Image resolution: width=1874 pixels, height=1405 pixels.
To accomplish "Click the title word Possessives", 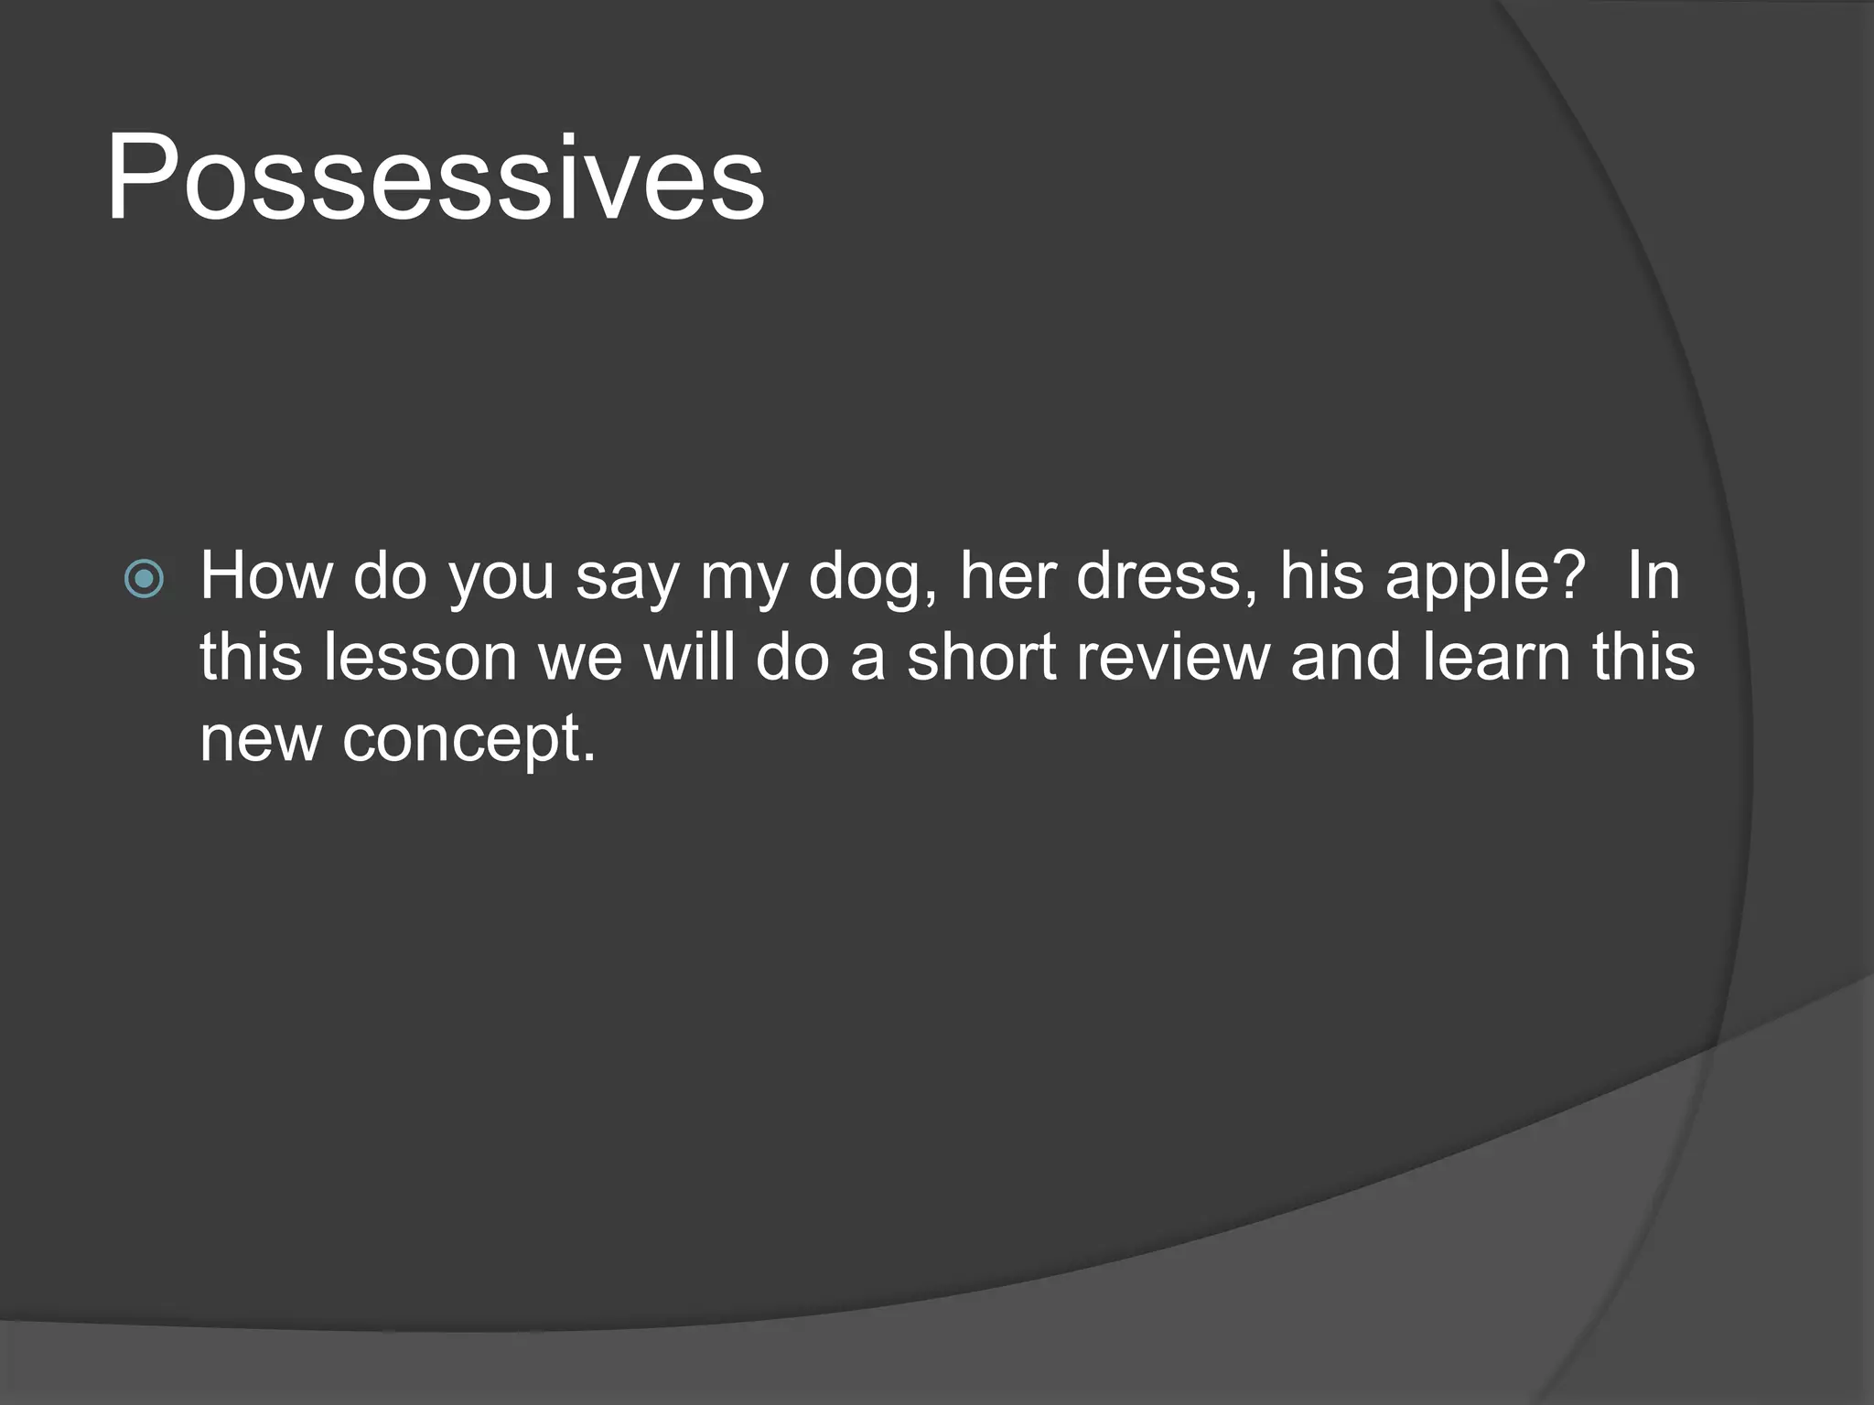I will pos(436,178).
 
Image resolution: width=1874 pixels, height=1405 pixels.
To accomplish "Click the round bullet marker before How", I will pos(144,579).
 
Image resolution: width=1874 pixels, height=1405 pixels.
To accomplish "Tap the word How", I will pos(266,576).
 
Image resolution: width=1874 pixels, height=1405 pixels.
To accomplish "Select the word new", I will pos(260,739).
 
